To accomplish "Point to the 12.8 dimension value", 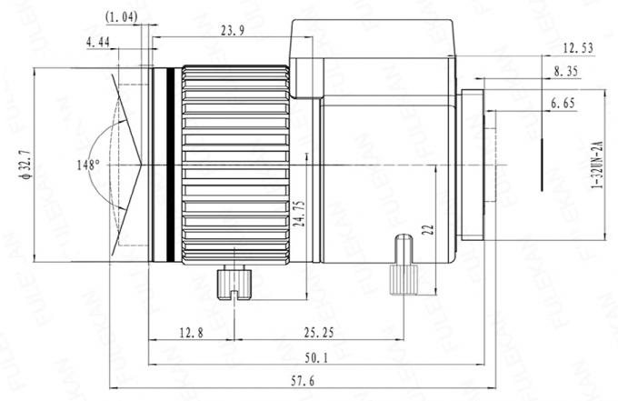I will pyautogui.click(x=190, y=334).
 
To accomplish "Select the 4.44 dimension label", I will pyautogui.click(x=99, y=42).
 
